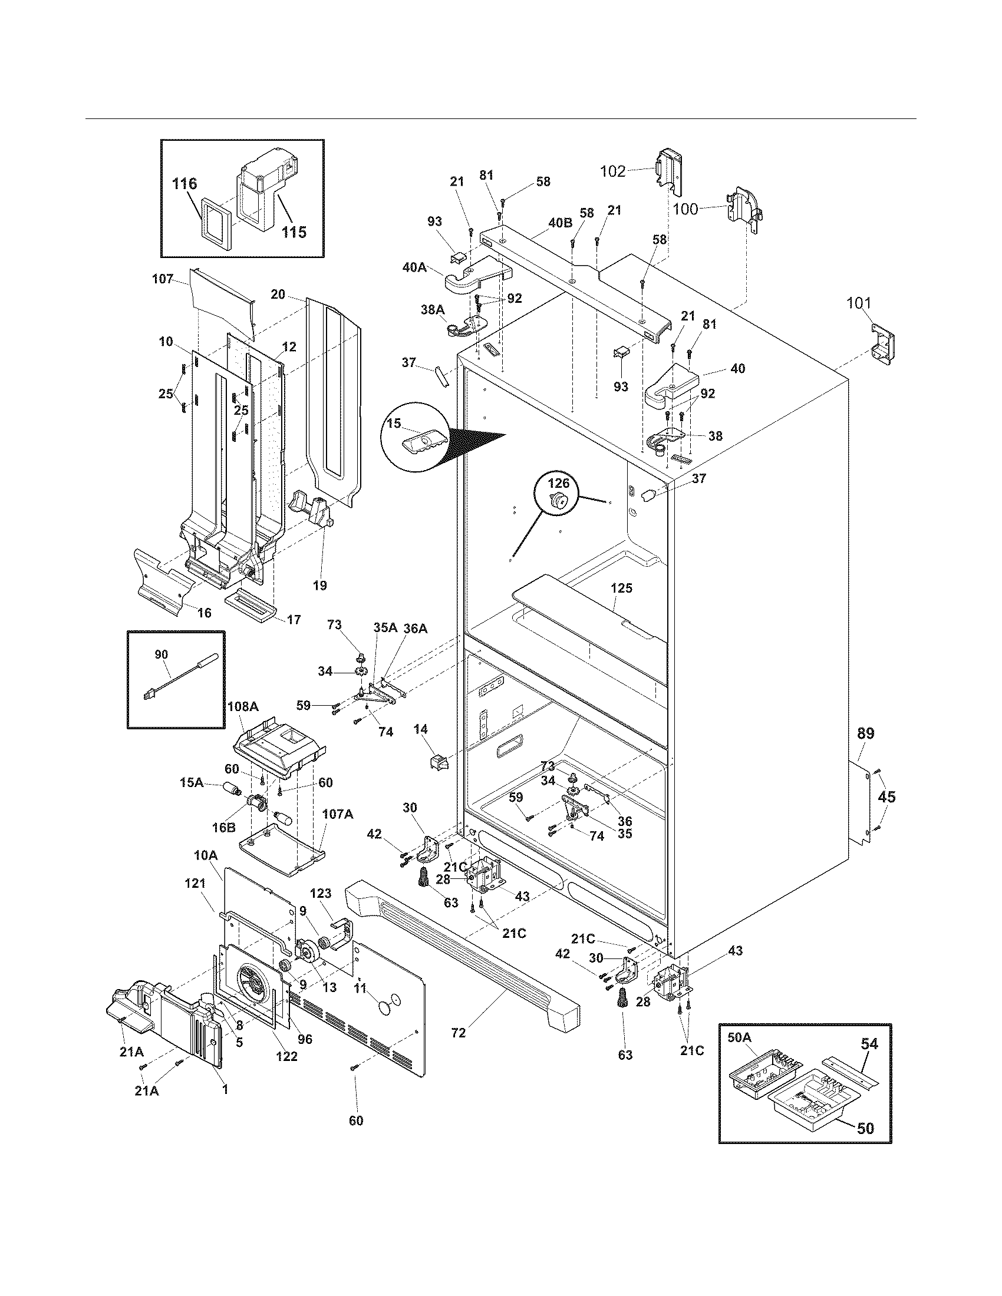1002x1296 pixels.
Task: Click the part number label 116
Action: point(184,184)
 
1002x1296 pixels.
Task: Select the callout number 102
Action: point(612,171)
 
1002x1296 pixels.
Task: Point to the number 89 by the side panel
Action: point(865,733)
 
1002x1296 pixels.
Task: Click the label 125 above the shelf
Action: point(621,588)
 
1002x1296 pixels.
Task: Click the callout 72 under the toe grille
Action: point(457,1033)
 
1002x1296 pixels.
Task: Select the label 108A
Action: point(243,707)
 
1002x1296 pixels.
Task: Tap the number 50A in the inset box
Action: point(739,1037)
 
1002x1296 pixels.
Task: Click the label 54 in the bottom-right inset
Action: point(869,1044)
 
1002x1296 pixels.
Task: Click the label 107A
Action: point(337,815)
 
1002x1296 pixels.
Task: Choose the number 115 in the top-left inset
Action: point(294,232)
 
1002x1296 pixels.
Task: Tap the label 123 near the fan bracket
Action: point(321,894)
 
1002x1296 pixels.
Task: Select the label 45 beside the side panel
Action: point(886,798)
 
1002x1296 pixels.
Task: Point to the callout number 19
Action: point(319,586)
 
